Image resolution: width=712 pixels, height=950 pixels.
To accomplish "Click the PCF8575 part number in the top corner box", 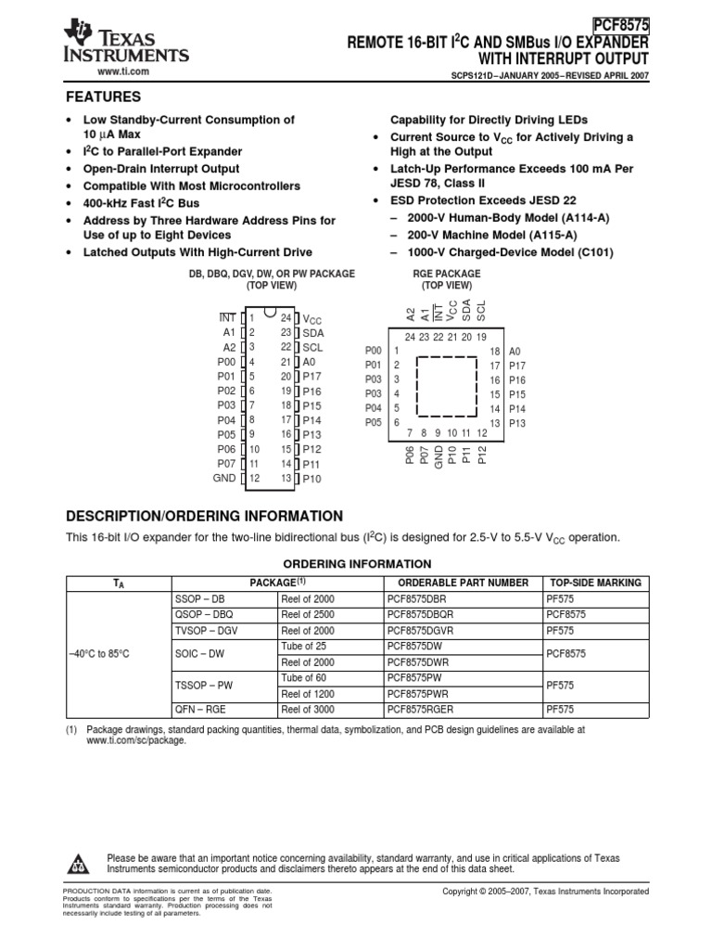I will (620, 27).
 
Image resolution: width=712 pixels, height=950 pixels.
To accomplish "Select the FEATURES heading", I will (102, 97).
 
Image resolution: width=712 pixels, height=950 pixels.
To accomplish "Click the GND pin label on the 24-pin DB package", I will (224, 479).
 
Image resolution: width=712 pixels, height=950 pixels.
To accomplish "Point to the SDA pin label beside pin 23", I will (313, 332).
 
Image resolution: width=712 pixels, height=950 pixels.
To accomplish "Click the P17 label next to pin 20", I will (311, 377).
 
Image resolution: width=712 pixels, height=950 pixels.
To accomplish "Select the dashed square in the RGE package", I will (447, 386).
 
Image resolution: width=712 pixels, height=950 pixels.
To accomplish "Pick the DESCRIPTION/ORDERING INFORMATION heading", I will (204, 517).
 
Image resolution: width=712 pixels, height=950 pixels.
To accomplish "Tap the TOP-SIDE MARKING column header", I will (594, 583).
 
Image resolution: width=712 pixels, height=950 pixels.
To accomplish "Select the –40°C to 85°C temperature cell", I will (99, 653).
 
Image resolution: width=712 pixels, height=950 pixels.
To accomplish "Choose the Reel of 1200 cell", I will (307, 694).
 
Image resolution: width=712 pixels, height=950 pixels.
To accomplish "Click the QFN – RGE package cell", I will (200, 710).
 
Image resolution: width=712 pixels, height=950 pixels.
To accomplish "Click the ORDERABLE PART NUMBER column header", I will (461, 583).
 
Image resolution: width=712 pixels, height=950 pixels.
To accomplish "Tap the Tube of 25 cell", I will (303, 646).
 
